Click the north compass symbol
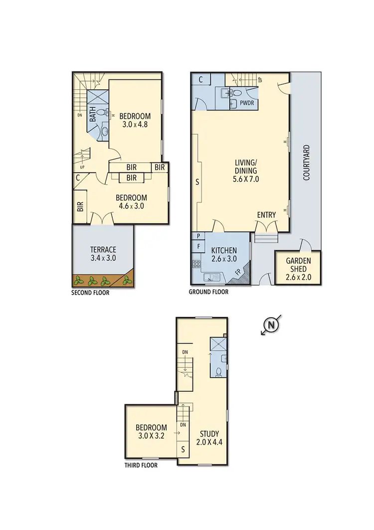[x=271, y=325]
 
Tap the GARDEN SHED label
[x=298, y=265]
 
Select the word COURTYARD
[x=307, y=162]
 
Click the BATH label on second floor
[x=93, y=116]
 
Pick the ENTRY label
[x=266, y=215]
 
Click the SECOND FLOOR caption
[x=90, y=293]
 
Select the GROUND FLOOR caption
[x=208, y=292]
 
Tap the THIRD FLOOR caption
[x=141, y=465]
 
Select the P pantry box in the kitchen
[x=198, y=236]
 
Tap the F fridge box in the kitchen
[x=198, y=246]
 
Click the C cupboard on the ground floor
[x=200, y=79]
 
